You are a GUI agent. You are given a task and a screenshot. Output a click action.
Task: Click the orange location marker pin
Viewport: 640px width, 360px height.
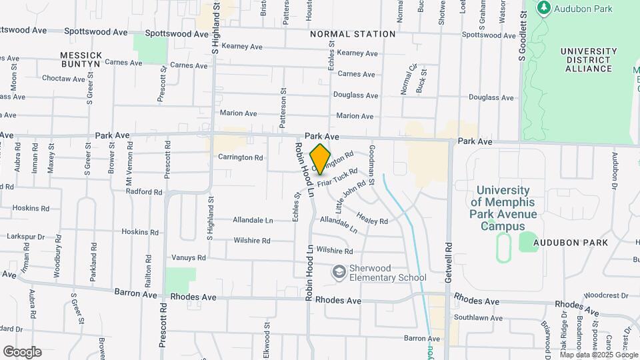click(x=321, y=159)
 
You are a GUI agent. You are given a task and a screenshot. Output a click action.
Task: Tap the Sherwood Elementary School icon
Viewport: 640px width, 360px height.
click(x=339, y=272)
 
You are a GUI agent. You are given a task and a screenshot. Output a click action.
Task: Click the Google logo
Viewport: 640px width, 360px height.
click(x=22, y=351)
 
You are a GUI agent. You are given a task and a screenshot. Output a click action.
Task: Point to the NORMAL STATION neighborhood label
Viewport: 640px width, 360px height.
click(x=353, y=33)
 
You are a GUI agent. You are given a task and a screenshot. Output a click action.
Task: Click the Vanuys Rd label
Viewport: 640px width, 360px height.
click(x=189, y=257)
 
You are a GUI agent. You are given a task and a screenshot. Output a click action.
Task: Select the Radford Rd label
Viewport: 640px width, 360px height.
click(x=144, y=191)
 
